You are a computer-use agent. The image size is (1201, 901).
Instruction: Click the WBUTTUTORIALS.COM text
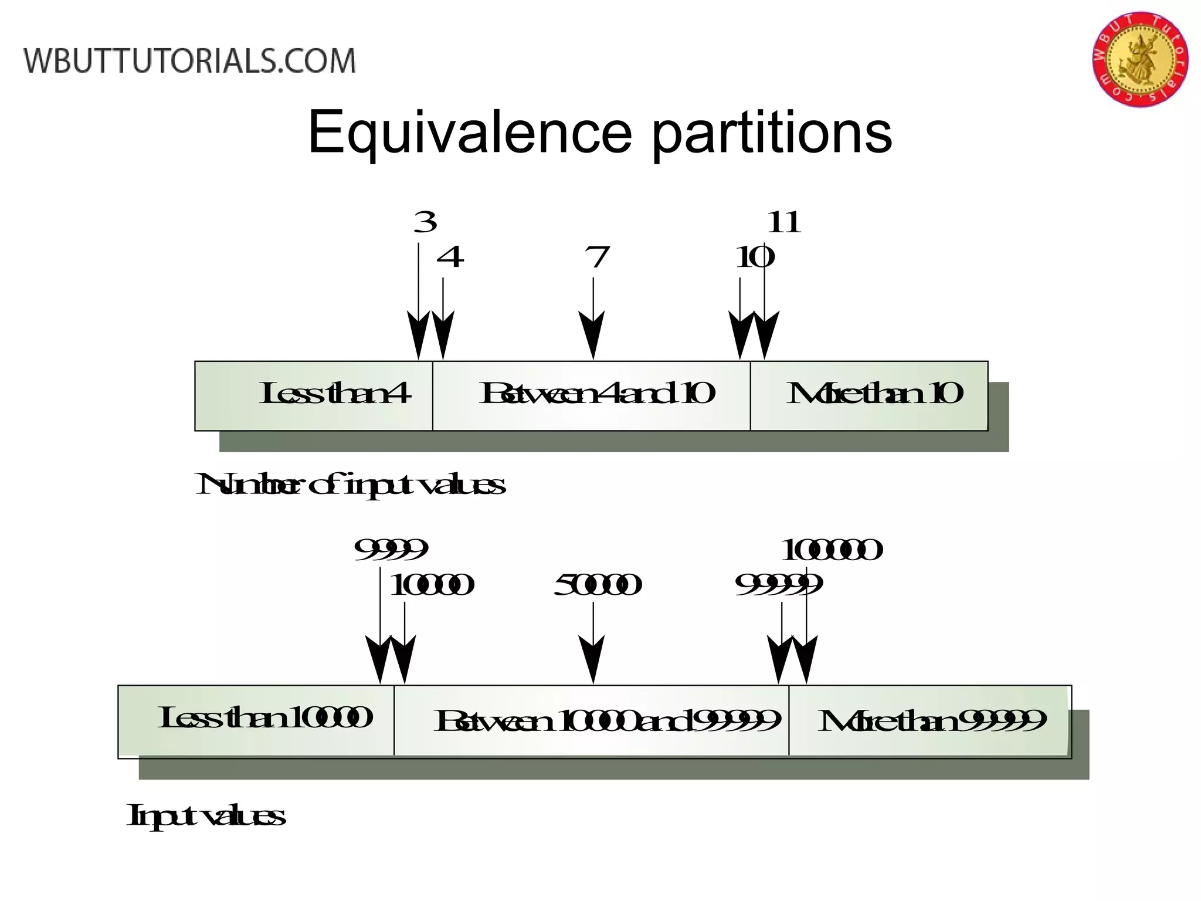coord(189,62)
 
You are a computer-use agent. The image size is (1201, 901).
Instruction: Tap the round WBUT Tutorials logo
coord(1140,59)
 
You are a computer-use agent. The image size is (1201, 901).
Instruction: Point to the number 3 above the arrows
coord(425,222)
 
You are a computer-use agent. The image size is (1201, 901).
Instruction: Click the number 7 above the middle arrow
coord(597,257)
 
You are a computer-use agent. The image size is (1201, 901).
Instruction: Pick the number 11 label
coord(783,222)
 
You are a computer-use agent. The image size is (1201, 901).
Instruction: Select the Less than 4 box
coord(314,395)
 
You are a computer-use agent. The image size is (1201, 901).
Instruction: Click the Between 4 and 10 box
coord(591,395)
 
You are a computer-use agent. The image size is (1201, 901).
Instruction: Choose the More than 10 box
coord(869,395)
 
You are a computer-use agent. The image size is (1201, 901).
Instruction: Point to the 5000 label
coord(597,585)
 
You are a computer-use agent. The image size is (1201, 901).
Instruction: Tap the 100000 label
coord(831,550)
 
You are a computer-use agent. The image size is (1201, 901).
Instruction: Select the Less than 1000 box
coord(256,721)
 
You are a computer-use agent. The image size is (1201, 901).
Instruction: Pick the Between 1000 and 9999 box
coord(591,721)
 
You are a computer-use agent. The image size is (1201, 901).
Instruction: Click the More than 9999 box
coord(930,721)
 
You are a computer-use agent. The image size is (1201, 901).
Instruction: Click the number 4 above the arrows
coord(450,257)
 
